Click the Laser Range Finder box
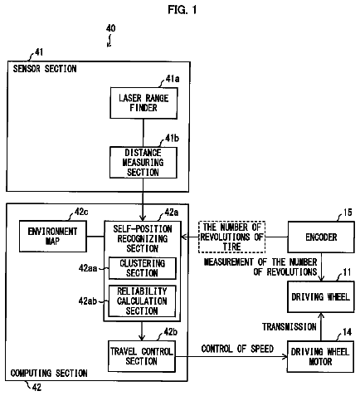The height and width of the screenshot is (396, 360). [144, 103]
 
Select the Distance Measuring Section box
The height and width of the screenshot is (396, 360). [144, 163]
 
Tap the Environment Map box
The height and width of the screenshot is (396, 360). [53, 236]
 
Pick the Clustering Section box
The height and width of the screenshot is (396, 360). [143, 268]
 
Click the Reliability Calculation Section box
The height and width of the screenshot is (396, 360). [142, 301]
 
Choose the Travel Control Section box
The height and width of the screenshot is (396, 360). [142, 356]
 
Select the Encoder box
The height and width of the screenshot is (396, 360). [321, 237]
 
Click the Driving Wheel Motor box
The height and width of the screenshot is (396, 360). [320, 357]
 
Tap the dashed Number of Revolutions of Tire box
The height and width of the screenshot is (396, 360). [231, 237]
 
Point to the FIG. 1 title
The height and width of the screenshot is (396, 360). [182, 10]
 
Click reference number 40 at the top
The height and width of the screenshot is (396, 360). [110, 28]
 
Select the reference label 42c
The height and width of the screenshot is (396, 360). [81, 212]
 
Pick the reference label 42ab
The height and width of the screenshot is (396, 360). [88, 301]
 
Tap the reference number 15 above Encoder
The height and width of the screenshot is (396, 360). [348, 213]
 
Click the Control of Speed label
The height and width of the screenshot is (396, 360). [237, 349]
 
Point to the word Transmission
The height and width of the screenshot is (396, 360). [289, 327]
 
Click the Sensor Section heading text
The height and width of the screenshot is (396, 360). [45, 69]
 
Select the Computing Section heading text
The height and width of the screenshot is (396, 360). [49, 373]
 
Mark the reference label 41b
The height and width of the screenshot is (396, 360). [172, 138]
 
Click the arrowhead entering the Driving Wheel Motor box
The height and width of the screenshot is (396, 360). [285, 356]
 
